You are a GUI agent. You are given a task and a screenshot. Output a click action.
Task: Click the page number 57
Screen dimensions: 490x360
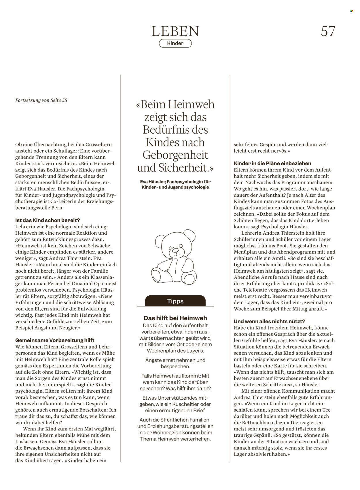[328, 31]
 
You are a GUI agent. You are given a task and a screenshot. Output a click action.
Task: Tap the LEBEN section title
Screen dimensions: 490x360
[175, 31]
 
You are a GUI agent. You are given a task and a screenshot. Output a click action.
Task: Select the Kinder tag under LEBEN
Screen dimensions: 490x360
[175, 43]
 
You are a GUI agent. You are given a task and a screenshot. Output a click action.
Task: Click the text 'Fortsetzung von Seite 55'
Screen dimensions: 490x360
[41, 100]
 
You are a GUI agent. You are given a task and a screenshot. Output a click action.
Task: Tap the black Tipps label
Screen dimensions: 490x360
[175, 301]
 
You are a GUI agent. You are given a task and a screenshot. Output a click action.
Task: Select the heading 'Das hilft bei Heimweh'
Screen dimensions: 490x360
[175, 318]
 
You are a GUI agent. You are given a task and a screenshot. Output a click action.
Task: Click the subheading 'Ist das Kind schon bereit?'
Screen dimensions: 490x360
[48, 221]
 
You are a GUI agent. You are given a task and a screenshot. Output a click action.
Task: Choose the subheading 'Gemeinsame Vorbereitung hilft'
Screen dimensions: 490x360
[55, 340]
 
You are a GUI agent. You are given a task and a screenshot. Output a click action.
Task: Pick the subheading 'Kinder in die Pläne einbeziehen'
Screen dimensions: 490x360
[272, 163]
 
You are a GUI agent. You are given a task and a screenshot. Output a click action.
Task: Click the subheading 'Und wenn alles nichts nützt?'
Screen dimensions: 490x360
[269, 321]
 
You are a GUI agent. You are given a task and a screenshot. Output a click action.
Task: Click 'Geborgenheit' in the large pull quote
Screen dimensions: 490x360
[175, 155]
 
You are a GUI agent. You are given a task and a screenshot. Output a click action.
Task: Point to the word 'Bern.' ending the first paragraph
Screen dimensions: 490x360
[57, 208]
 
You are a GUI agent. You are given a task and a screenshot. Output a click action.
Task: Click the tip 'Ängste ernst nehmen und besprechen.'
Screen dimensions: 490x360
[175, 363]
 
